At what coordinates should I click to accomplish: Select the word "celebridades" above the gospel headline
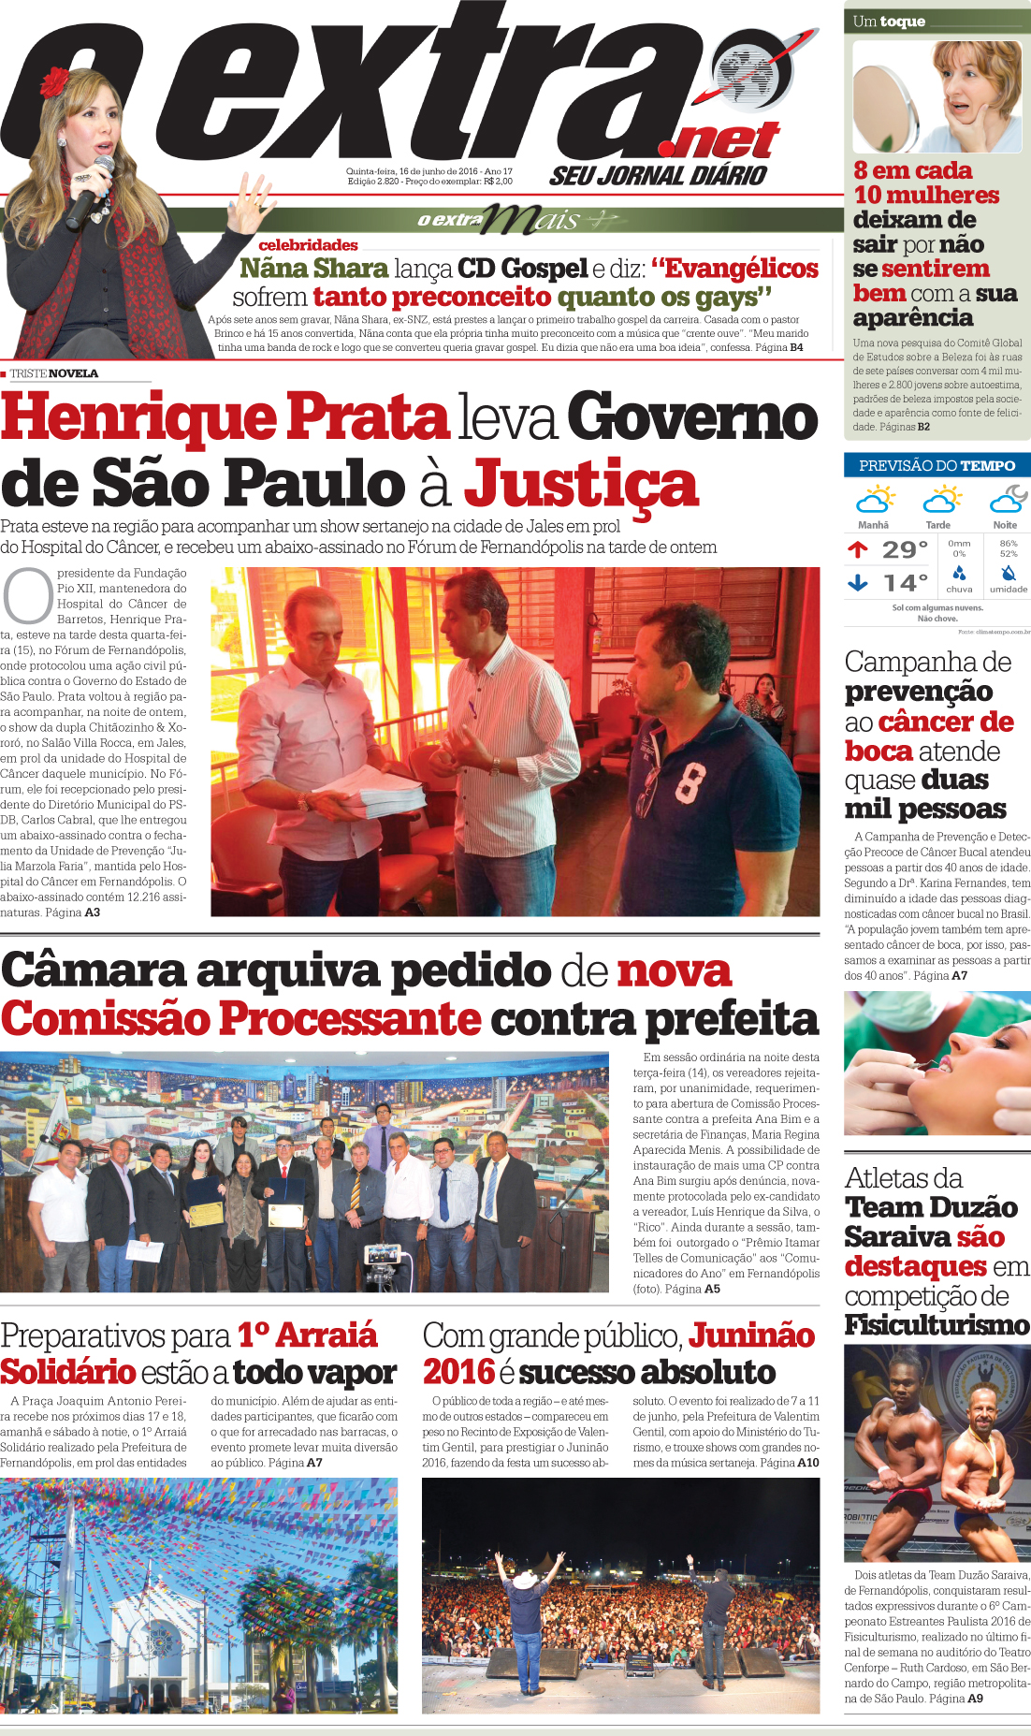308,245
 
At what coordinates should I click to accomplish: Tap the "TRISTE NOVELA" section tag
53,373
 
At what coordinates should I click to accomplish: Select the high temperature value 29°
905,549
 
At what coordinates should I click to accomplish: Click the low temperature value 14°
905,584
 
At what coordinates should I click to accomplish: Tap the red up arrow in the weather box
857,549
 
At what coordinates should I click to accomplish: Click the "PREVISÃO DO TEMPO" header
937,465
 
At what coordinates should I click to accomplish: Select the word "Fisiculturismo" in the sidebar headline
937,1325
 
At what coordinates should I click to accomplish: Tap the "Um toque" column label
889,22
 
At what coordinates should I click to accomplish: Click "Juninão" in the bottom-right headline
751,1335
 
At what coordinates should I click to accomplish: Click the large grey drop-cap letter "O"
28,595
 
